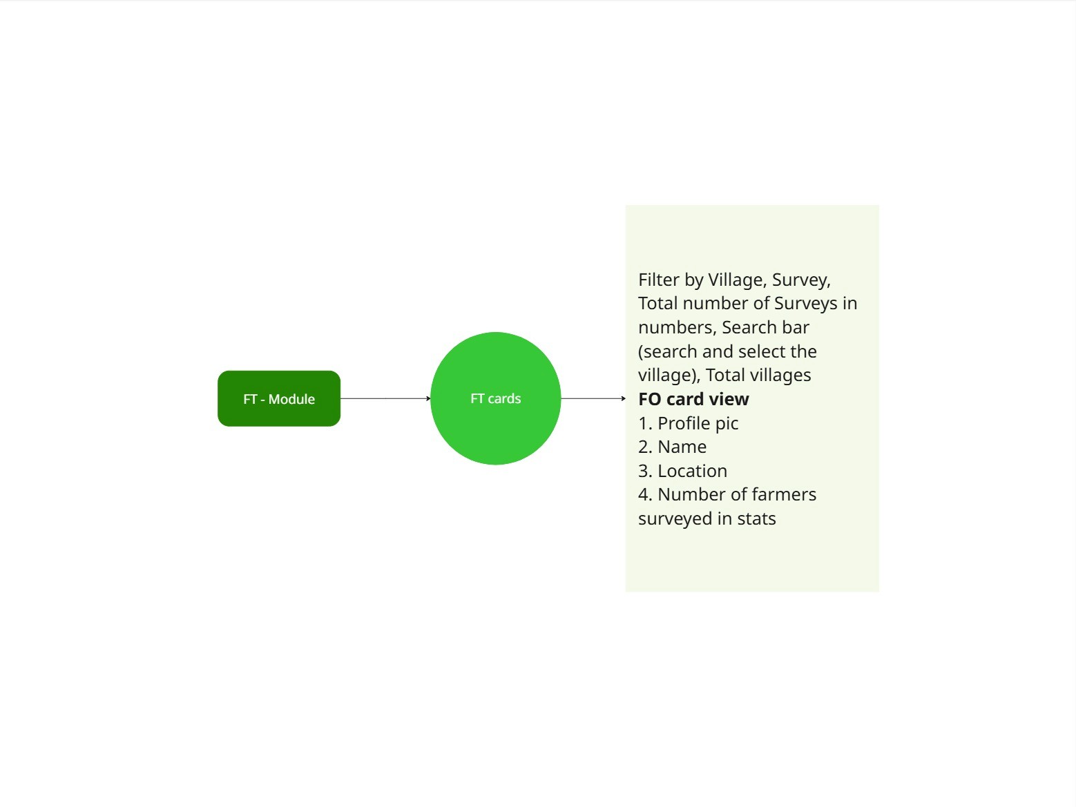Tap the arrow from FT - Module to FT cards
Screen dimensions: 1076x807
tap(385, 398)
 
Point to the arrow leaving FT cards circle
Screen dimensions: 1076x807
tap(593, 398)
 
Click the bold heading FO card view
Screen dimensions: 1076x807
tap(693, 399)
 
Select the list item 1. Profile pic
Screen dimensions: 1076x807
tap(689, 423)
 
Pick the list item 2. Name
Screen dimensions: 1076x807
tap(673, 447)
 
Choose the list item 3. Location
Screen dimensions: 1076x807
tap(683, 471)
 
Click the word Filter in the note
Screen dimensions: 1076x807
tap(659, 280)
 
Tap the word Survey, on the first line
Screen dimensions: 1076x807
tap(801, 280)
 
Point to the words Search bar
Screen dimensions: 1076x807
tap(765, 327)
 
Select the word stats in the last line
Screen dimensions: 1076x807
tap(756, 518)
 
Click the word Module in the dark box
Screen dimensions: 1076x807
tap(291, 399)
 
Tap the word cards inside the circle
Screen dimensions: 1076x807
tap(505, 398)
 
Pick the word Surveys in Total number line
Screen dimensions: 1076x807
tap(805, 304)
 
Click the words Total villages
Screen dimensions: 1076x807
tap(758, 375)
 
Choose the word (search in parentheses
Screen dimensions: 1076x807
tap(668, 351)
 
